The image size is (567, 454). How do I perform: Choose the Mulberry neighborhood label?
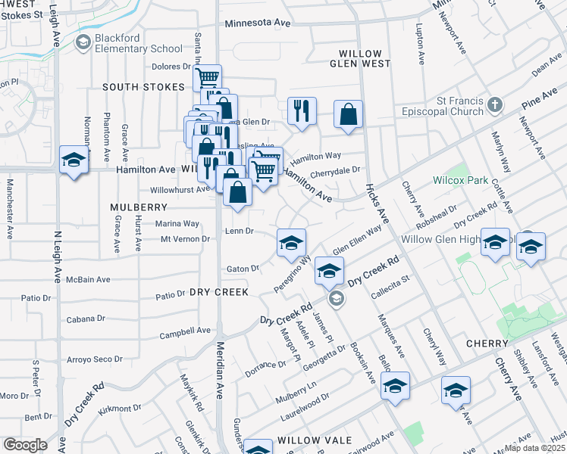point(138,207)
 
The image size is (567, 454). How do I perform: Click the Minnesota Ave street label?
point(258,23)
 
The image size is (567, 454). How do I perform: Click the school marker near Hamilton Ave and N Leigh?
point(74,160)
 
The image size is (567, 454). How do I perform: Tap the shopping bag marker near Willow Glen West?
point(348,115)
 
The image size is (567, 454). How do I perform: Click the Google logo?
point(26,445)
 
